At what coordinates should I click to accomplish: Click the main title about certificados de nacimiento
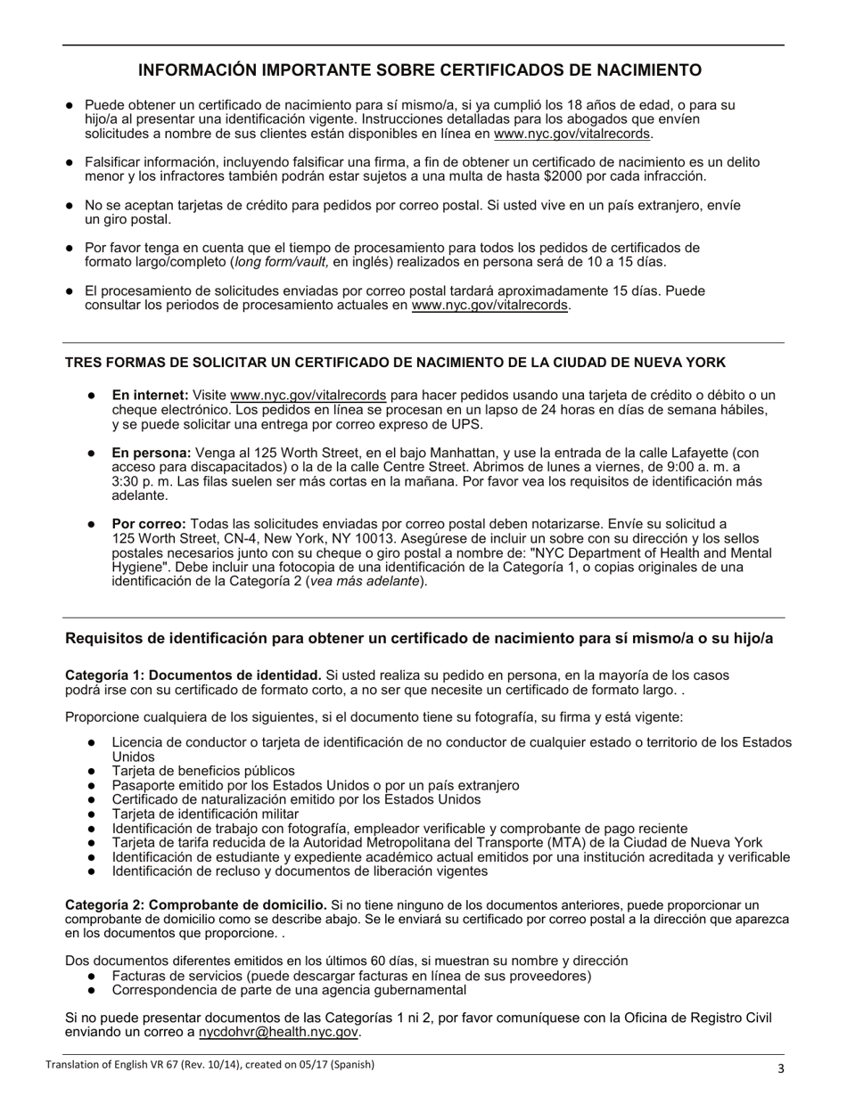pyautogui.click(x=419, y=70)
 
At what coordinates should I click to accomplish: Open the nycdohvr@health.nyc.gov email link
pyautogui.click(x=279, y=1032)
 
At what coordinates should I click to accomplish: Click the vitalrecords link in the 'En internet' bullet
pyautogui.click(x=308, y=395)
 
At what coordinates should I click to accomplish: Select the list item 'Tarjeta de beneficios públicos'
pyautogui.click(x=203, y=771)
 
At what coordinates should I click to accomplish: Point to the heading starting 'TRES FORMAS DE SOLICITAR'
pyautogui.click(x=395, y=363)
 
